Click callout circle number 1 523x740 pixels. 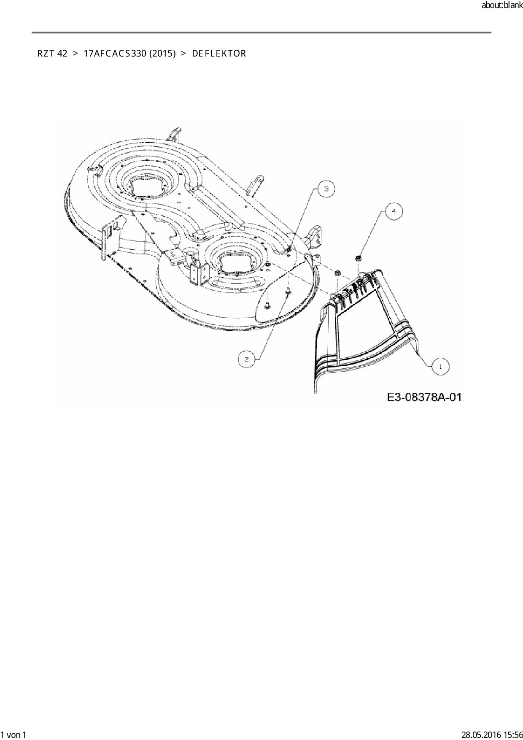pyautogui.click(x=441, y=366)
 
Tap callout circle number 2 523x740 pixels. pyautogui.click(x=246, y=359)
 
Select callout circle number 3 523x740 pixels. pyautogui.click(x=326, y=189)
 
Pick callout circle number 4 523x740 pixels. pyautogui.click(x=394, y=211)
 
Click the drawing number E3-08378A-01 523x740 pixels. pyautogui.click(x=424, y=397)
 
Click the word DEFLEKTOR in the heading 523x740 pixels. pyautogui.click(x=219, y=54)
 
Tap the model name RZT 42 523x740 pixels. pyautogui.click(x=52, y=54)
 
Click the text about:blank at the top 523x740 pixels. pyautogui.click(x=502, y=6)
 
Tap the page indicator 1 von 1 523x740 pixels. pyautogui.click(x=13, y=735)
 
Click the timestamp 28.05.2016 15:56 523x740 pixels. pyautogui.click(x=492, y=735)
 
